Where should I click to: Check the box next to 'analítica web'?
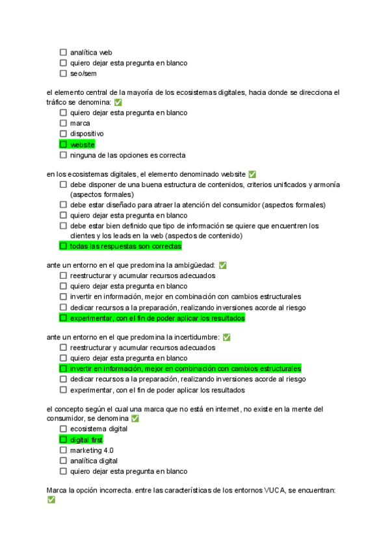(63, 53)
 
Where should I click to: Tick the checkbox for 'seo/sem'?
(63, 74)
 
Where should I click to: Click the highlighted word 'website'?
(82, 145)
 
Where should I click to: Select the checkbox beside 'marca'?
(63, 123)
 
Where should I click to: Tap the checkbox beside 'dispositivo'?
(63, 134)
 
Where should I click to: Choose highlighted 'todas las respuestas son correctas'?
(125, 247)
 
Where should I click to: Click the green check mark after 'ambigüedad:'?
(223, 265)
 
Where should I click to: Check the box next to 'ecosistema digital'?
(63, 429)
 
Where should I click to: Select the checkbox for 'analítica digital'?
(63, 461)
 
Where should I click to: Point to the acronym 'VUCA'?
(276, 490)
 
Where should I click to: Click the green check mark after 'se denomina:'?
(118, 103)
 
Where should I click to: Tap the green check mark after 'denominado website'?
(252, 174)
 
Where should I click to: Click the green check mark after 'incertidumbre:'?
(227, 337)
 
